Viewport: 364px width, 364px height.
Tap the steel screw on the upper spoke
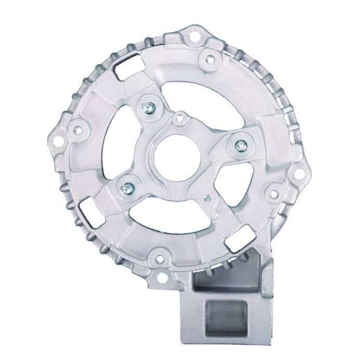pyautogui.click(x=147, y=107)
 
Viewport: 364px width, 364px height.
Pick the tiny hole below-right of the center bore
pyautogui.click(x=208, y=198)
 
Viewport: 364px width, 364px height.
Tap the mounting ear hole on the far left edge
pyautogui.click(x=79, y=126)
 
